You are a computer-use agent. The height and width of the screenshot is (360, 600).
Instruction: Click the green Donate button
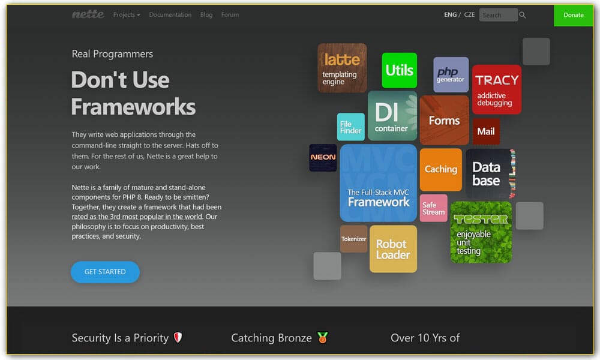click(573, 15)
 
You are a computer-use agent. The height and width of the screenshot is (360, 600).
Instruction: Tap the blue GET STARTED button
click(105, 272)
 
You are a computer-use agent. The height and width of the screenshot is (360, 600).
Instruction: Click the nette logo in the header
click(88, 14)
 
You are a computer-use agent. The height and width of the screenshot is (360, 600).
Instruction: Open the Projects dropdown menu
click(126, 15)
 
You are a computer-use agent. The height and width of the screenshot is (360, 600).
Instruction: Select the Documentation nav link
click(170, 15)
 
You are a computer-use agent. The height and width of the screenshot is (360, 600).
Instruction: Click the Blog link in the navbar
click(206, 15)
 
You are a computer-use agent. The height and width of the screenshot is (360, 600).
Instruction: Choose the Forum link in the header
click(230, 15)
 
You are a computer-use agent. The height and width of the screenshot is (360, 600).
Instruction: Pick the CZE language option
click(469, 15)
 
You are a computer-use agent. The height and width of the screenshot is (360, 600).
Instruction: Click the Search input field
click(497, 15)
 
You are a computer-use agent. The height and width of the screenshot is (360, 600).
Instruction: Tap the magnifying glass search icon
click(523, 15)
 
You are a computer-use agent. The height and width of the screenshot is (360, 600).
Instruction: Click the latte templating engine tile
click(342, 68)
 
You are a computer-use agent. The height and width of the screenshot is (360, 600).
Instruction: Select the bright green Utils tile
click(400, 70)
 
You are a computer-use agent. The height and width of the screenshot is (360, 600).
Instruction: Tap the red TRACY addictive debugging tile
click(496, 89)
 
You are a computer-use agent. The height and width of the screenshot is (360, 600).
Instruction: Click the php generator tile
click(451, 74)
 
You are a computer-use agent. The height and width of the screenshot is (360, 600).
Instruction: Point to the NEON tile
click(323, 157)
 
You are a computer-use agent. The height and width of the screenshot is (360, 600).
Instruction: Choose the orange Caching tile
click(441, 169)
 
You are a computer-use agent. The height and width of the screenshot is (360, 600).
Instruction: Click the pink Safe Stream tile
click(433, 208)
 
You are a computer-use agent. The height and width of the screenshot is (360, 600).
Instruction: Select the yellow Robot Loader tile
click(393, 249)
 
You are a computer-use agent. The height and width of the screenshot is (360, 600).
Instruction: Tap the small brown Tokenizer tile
click(354, 239)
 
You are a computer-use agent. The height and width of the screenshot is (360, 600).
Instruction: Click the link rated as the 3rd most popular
click(137, 217)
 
